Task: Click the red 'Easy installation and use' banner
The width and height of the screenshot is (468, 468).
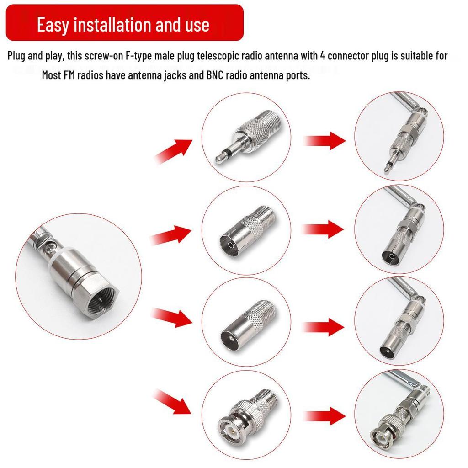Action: [125, 23]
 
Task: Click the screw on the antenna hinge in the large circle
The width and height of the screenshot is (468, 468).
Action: [50, 247]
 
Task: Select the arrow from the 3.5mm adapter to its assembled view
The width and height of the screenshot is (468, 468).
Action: [324, 140]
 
